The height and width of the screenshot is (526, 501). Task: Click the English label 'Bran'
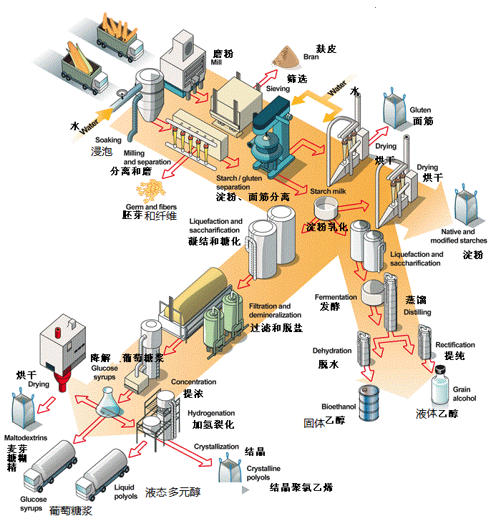coord(311,57)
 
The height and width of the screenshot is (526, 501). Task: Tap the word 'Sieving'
coord(278,89)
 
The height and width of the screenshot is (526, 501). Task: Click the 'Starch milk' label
coord(329,191)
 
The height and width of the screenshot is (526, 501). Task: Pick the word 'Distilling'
coord(419,313)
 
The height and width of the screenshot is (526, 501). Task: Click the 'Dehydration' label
coord(331,351)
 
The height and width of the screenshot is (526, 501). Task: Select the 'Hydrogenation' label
coord(211,414)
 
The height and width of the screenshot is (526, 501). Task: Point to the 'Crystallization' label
coord(216,447)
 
